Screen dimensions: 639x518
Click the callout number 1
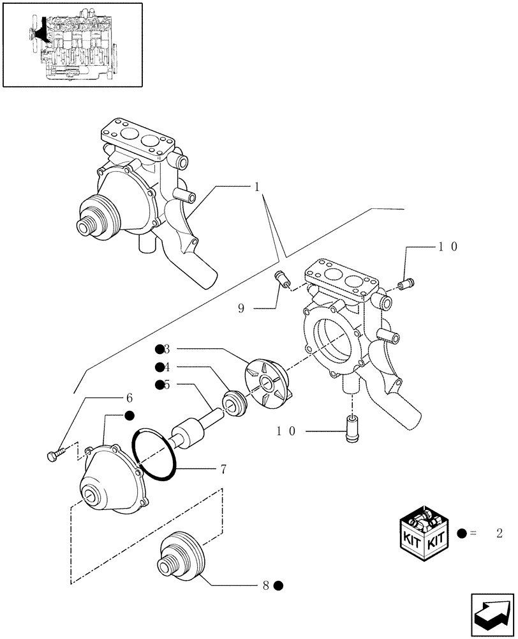(x=256, y=188)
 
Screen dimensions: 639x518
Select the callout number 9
(x=241, y=308)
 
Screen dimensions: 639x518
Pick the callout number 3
(x=167, y=349)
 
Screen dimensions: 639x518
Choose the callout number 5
(x=167, y=385)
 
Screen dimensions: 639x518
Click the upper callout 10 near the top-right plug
(x=447, y=247)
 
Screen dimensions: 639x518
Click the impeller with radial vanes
(x=267, y=383)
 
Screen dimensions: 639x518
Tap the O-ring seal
(x=157, y=452)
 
